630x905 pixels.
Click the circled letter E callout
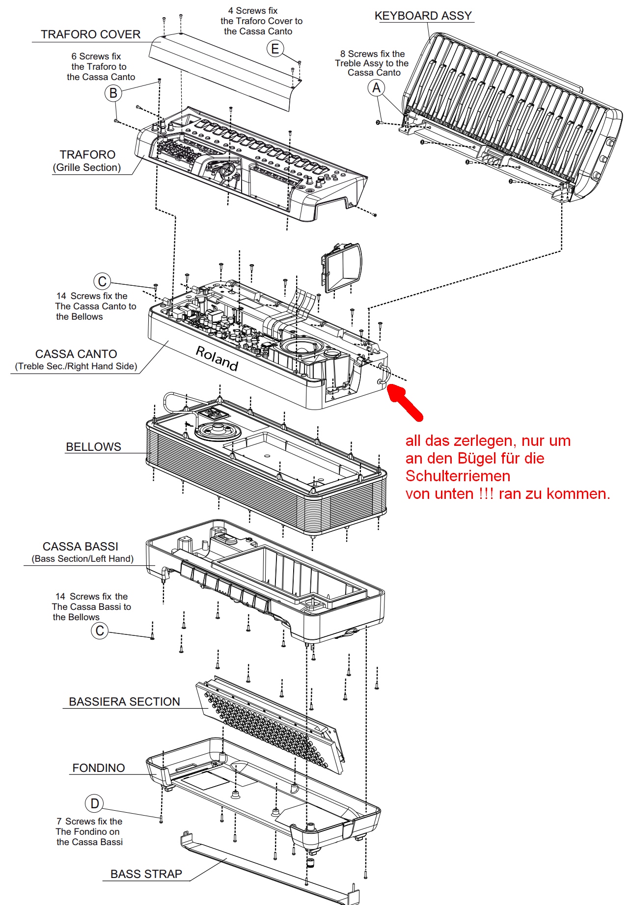(x=275, y=49)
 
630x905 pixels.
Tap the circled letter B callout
(x=113, y=93)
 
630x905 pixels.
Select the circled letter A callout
(x=377, y=88)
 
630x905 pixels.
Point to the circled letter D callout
(x=94, y=803)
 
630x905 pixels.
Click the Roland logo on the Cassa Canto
(x=217, y=358)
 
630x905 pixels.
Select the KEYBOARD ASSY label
(x=423, y=16)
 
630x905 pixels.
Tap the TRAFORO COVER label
(x=90, y=34)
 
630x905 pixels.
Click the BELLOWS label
(x=93, y=447)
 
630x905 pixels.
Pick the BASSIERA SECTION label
(x=124, y=702)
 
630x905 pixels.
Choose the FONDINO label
(x=99, y=768)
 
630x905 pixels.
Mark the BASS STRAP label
(x=146, y=874)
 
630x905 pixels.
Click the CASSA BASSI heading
(x=81, y=547)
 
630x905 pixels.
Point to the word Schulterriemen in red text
(x=458, y=476)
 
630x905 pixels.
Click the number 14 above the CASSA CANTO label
(x=61, y=296)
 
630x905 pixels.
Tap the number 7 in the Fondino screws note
(x=59, y=822)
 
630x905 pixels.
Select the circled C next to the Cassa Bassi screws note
(x=100, y=631)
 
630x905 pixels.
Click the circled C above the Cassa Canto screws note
(x=102, y=281)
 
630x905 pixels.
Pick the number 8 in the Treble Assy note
(x=343, y=54)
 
